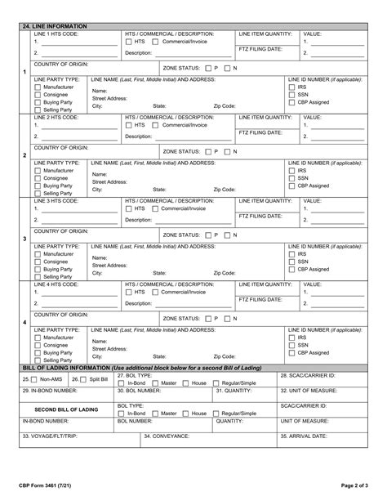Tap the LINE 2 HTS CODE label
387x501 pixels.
pyautogui.click(x=56, y=117)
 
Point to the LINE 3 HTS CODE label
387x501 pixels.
pyautogui.click(x=56, y=200)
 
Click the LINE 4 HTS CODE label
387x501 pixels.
pyautogui.click(x=56, y=284)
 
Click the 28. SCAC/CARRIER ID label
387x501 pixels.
pyautogui.click(x=306, y=374)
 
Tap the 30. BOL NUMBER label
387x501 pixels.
pyautogui.click(x=139, y=391)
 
